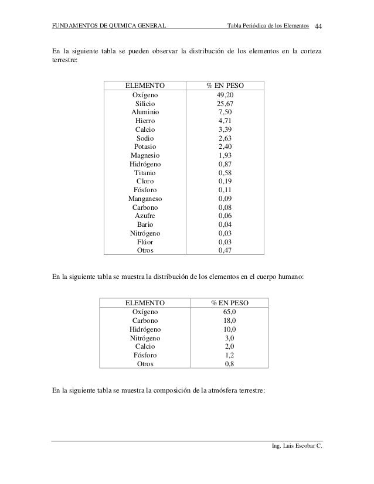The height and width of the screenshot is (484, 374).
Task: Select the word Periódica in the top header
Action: pyautogui.click(x=259, y=26)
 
